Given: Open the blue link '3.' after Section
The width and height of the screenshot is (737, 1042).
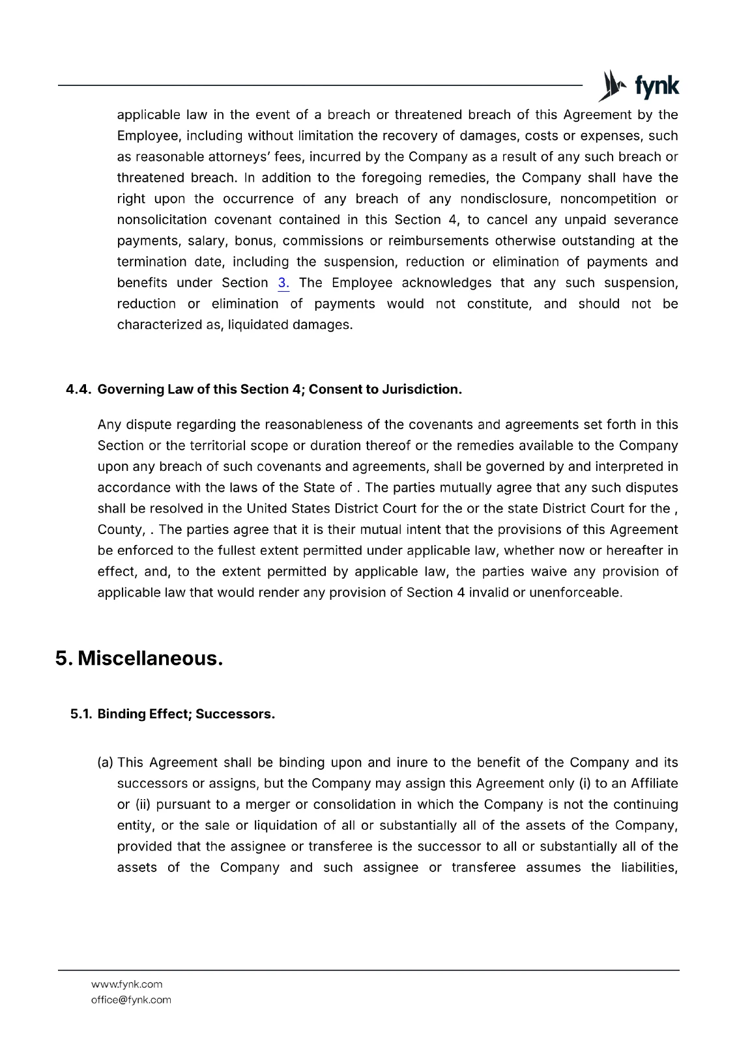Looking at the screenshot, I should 283,283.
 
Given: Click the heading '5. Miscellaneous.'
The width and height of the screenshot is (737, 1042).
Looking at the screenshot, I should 139,658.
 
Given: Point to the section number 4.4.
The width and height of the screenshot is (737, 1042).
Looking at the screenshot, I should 79,389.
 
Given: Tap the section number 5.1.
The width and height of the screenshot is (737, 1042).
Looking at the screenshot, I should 81,714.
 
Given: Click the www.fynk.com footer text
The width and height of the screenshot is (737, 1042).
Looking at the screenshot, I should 126,984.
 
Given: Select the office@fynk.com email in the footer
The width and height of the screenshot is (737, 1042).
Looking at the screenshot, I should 131,1000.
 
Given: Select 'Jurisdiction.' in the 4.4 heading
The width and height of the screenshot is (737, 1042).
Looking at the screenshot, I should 422,389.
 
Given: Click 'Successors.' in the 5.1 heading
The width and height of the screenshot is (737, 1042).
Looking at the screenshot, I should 235,714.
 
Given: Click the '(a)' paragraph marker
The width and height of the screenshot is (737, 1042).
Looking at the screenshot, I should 106,763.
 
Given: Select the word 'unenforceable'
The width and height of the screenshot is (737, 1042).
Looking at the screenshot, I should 576,593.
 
